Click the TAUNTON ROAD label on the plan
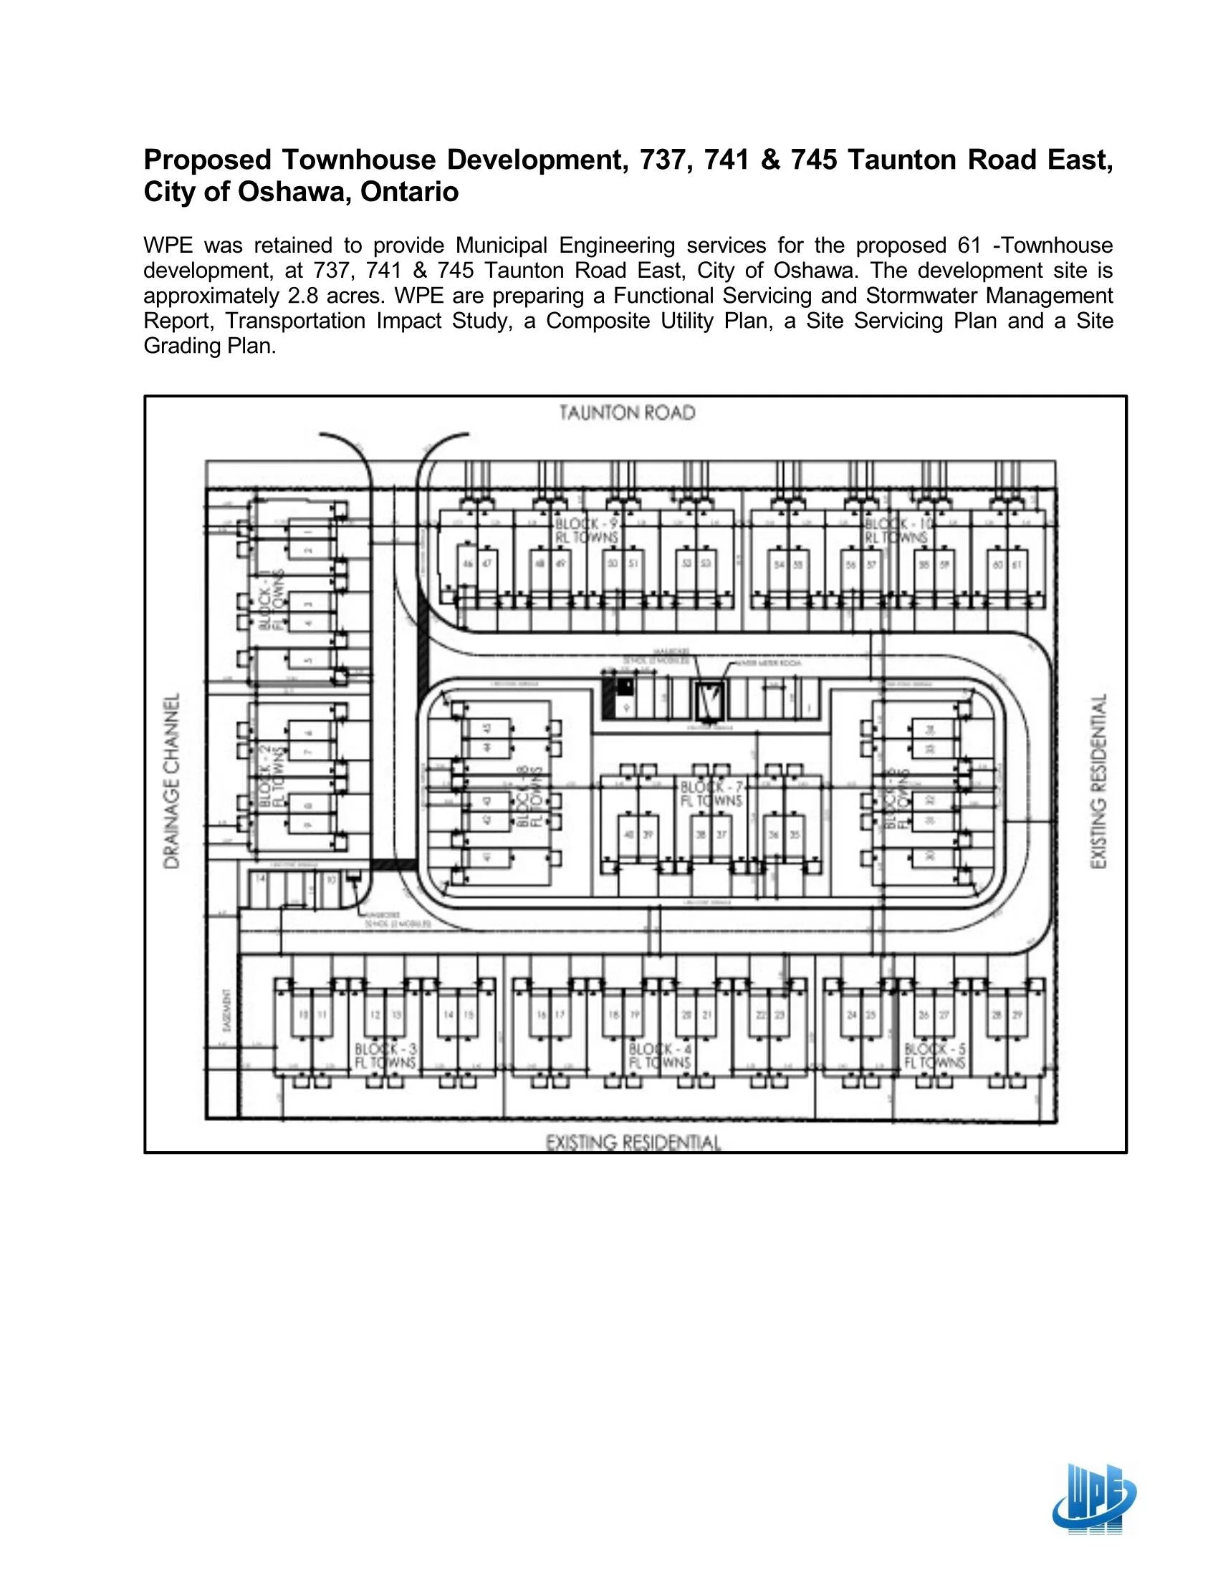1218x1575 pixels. pyautogui.click(x=627, y=413)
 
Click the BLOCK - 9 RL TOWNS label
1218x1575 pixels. pyautogui.click(x=587, y=530)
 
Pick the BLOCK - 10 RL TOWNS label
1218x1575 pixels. pyautogui.click(x=896, y=530)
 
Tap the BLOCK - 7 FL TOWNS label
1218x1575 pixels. pyautogui.click(x=711, y=794)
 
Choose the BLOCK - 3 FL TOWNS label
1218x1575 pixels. pyautogui.click(x=385, y=1056)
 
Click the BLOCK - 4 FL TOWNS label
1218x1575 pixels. pyautogui.click(x=659, y=1056)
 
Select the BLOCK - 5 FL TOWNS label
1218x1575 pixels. pyautogui.click(x=934, y=1056)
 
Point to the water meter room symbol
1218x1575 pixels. pyautogui.click(x=709, y=699)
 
